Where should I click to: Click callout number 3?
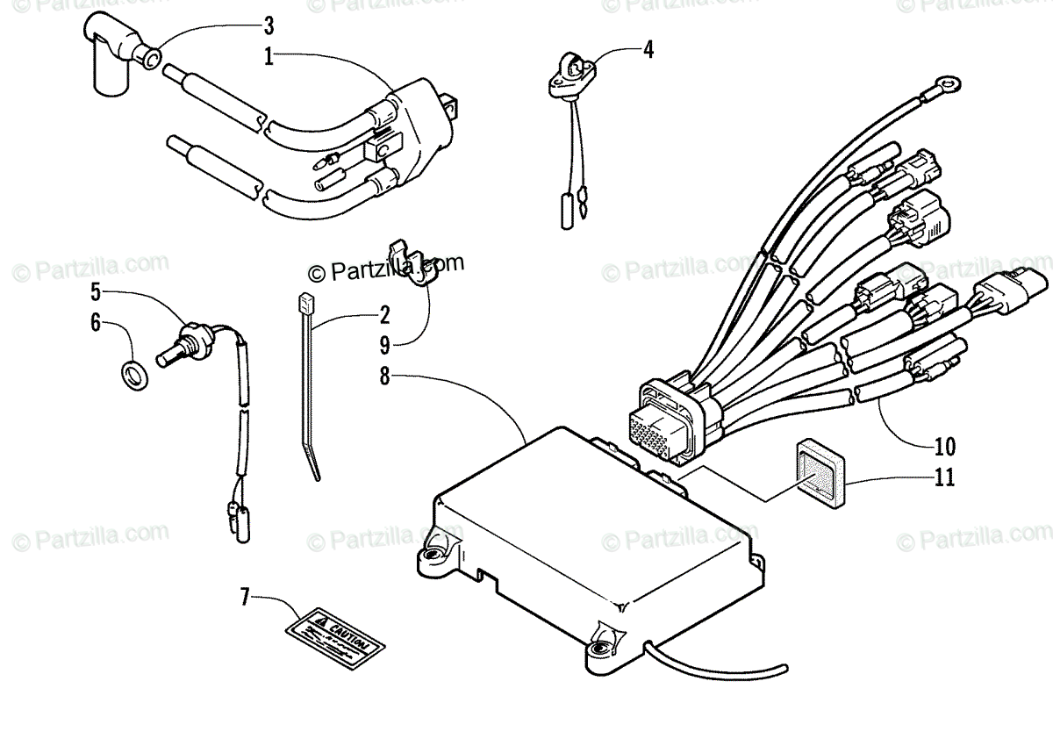269,23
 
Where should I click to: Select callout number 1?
269,58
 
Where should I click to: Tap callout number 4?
648,49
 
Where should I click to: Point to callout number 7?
246,600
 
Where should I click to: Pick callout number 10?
944,446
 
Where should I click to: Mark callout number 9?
384,344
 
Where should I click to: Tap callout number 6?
96,322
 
